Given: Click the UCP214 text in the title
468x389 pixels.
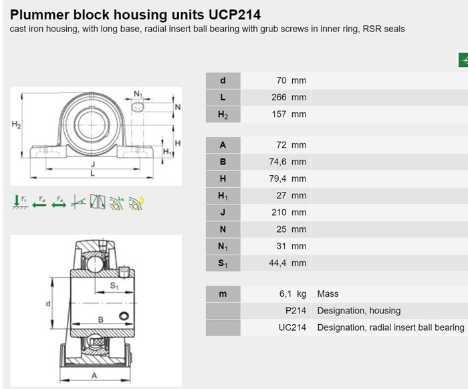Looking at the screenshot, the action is point(234,15).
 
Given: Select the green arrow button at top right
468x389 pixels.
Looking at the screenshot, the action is point(463,60).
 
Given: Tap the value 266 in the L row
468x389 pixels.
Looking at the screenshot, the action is point(279,98).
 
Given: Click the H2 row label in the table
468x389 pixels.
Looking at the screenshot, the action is point(223,114).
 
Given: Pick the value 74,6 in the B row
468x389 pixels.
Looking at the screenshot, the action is point(277,162).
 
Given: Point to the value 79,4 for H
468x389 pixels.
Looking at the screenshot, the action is point(277,178).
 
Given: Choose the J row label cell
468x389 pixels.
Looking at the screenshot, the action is point(223,213).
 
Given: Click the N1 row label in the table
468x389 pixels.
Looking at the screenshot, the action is point(223,247).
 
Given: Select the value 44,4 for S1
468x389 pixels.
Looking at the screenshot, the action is point(277,263).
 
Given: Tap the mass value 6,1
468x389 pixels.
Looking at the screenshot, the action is point(285,294).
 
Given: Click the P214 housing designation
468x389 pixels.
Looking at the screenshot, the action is point(296,311).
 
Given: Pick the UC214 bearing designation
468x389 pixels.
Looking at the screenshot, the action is point(293,328).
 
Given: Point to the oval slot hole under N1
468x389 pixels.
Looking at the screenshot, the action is point(138,107).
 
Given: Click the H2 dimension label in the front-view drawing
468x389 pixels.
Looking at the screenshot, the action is point(17,124).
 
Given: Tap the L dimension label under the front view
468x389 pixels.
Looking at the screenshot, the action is point(92,174).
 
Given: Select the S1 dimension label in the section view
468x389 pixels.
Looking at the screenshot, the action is point(114,286).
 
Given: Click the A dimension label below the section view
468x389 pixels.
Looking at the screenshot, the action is point(94,376).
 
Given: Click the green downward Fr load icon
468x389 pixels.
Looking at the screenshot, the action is point(19,202).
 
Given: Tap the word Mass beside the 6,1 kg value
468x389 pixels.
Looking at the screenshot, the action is point(328,294).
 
